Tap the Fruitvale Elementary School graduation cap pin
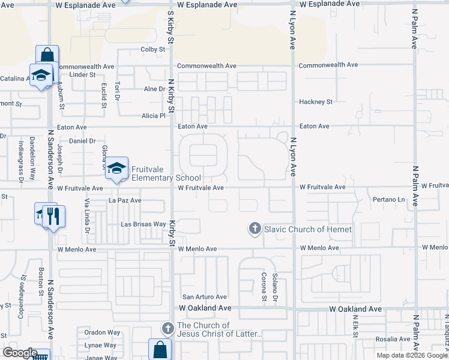(x=117, y=168)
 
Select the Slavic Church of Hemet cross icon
(x=255, y=229)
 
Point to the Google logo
(x=20, y=353)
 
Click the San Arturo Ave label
(x=205, y=297)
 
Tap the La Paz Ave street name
(x=125, y=200)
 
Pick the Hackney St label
(x=316, y=102)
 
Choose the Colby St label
(x=152, y=49)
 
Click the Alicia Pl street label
(x=153, y=115)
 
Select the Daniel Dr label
(x=83, y=141)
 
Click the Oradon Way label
(x=103, y=332)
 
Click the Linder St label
(x=83, y=75)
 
